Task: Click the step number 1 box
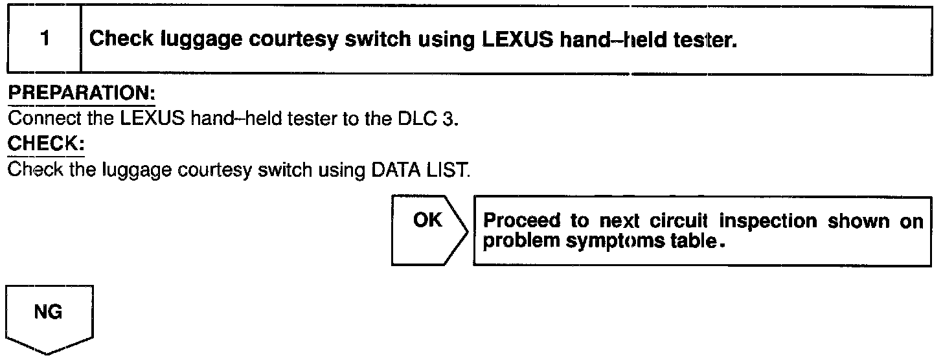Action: coord(44,39)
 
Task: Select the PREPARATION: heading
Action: coord(81,93)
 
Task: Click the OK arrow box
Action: coord(427,231)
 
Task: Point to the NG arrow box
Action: coord(50,319)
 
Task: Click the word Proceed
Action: coord(523,221)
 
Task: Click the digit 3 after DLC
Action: coord(444,120)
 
